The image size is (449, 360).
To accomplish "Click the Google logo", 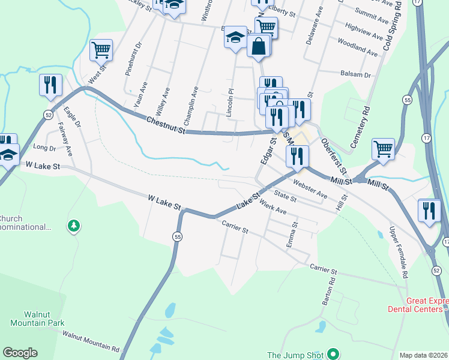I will [x=20, y=353].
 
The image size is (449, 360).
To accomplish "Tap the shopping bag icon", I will [x=258, y=46].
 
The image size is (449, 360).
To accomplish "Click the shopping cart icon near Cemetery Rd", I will [x=383, y=148].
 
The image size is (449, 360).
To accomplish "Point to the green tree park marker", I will [x=74, y=226].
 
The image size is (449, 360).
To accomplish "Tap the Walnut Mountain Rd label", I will [x=91, y=343].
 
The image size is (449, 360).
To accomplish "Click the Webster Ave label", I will [x=310, y=190].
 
